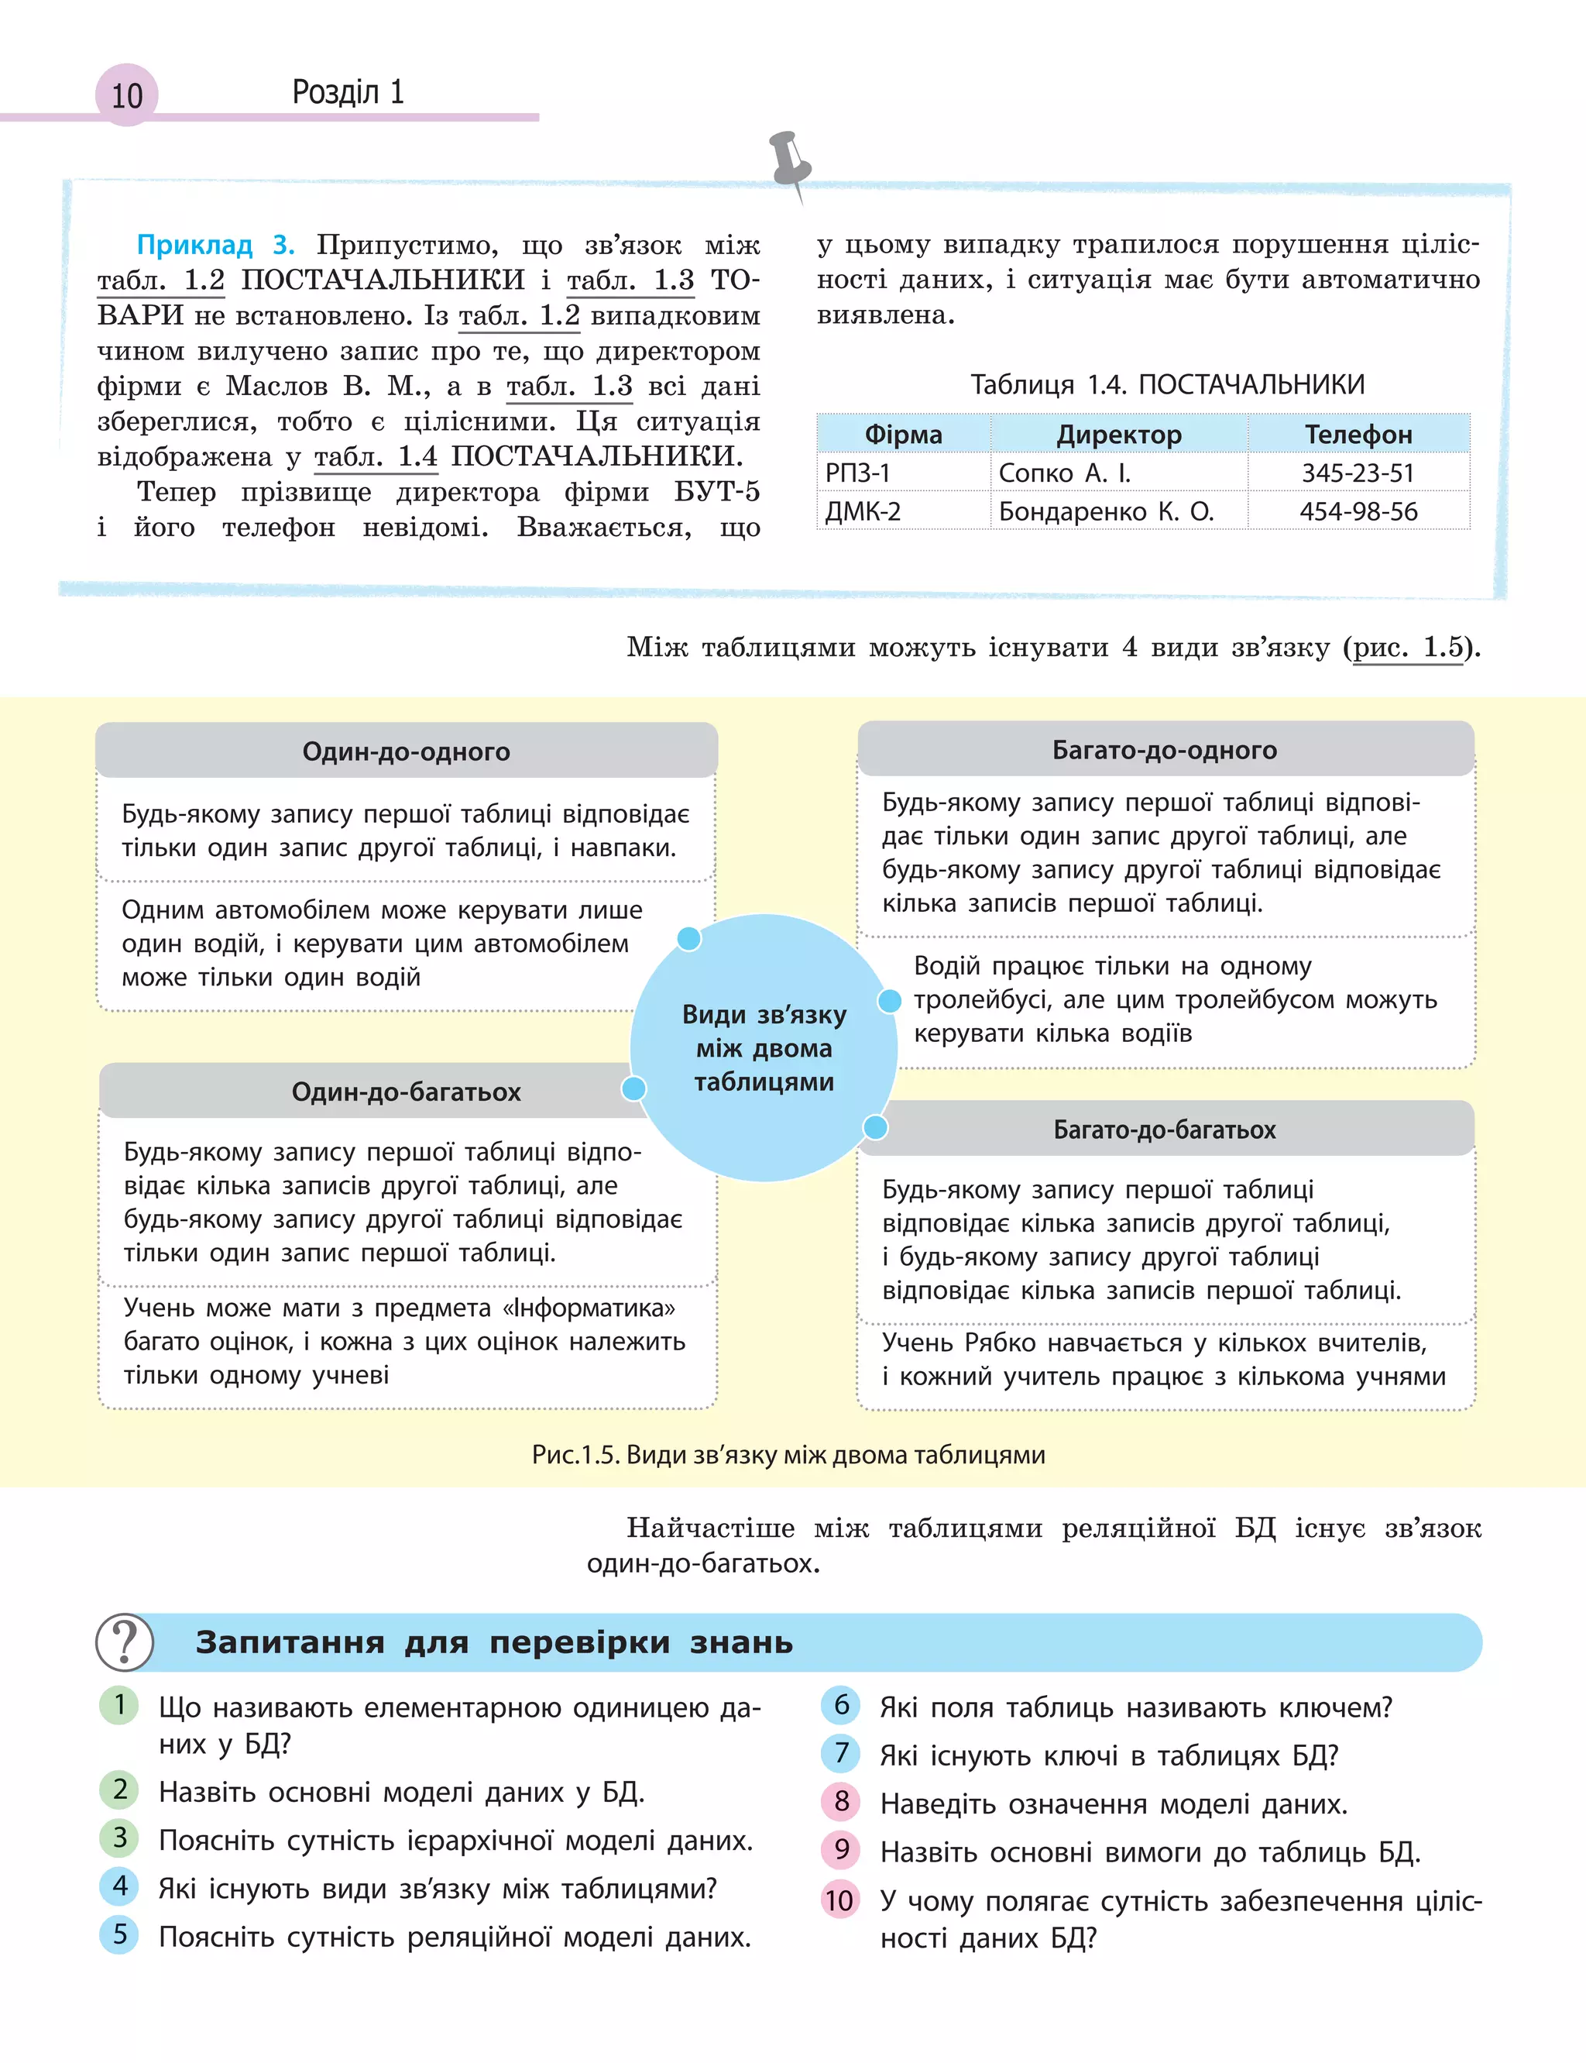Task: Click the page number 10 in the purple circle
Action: click(x=126, y=95)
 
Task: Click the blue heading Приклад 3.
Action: click(x=215, y=245)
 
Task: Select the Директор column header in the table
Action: click(x=1119, y=435)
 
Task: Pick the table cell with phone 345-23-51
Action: click(x=1358, y=473)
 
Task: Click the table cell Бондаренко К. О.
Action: click(x=1106, y=512)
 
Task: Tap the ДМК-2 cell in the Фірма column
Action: click(x=863, y=512)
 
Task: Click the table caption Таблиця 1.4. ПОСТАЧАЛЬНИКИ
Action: click(x=1167, y=384)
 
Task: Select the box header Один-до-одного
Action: click(x=406, y=751)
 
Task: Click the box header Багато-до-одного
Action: click(x=1164, y=751)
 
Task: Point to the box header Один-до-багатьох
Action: click(x=406, y=1092)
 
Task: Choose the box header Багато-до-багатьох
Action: click(x=1164, y=1129)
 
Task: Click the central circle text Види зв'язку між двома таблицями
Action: click(x=764, y=1048)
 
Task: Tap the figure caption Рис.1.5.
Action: click(x=788, y=1454)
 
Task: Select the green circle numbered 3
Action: click(x=120, y=1838)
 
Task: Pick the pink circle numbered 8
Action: click(x=841, y=1801)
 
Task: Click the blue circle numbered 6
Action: click(x=841, y=1704)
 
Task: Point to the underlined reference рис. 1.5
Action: click(x=1409, y=647)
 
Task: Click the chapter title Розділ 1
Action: click(x=348, y=91)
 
